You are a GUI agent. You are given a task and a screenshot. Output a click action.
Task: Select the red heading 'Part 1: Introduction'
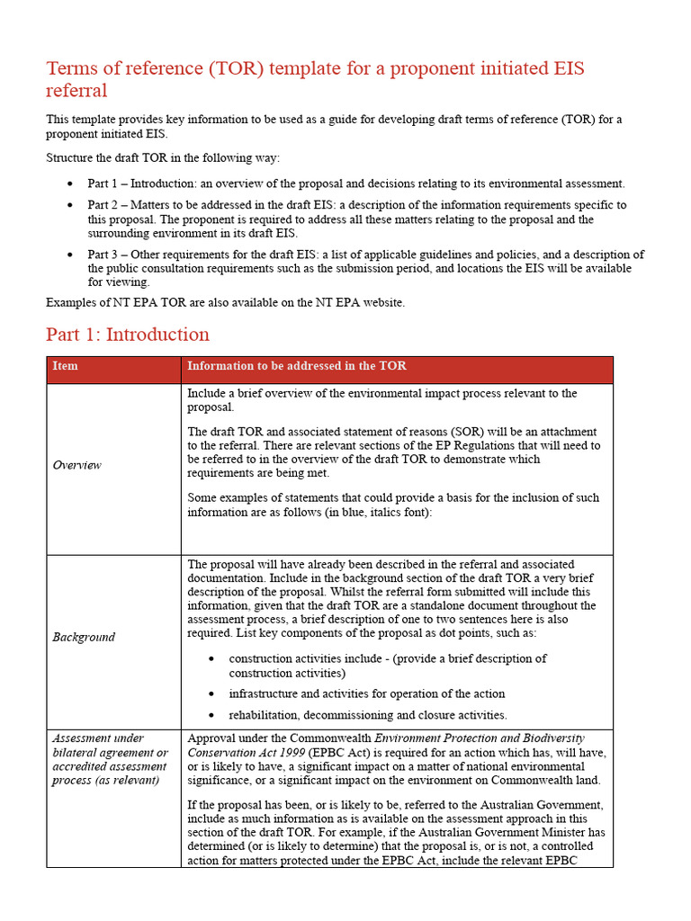128,335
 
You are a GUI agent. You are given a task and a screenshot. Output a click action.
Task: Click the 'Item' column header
66,366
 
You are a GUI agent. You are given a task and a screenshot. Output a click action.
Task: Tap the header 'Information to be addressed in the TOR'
296,366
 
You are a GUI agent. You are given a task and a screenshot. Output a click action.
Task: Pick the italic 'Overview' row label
76,465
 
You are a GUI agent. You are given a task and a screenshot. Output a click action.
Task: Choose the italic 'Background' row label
84,637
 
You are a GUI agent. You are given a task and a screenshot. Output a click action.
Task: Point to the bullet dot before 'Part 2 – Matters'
70,206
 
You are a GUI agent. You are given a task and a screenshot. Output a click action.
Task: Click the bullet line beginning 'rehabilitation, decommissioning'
368,715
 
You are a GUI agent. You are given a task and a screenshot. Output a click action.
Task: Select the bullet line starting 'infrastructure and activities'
367,693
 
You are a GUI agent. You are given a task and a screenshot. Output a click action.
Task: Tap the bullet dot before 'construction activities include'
211,659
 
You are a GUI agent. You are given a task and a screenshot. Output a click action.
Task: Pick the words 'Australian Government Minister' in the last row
503,832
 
